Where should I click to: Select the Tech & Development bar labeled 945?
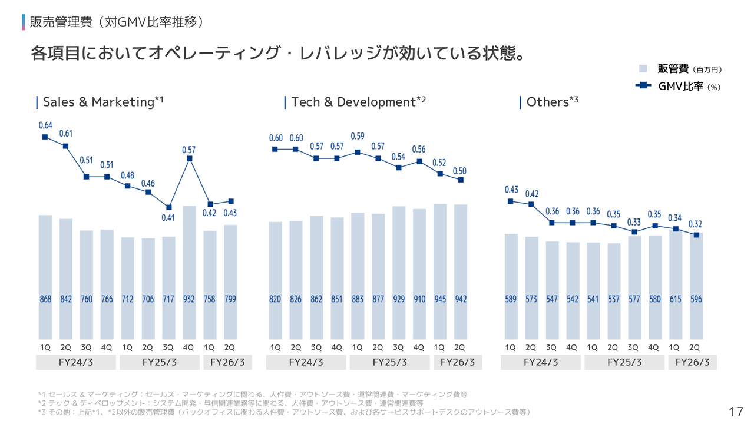point(440,271)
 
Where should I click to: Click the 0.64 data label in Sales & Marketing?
point(45,125)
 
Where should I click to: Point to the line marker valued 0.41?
point(169,207)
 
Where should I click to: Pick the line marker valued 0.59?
point(358,152)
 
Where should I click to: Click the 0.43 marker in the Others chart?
point(511,201)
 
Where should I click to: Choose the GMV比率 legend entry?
point(680,86)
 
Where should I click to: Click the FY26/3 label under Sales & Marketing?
point(227,362)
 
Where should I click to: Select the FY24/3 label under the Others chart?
point(541,362)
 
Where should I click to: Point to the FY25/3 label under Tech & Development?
point(390,362)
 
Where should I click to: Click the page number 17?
point(736,412)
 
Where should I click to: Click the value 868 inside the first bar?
point(45,299)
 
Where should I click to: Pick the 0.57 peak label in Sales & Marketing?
point(189,150)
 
